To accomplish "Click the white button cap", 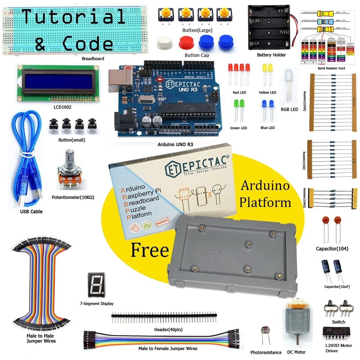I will pos(165,43).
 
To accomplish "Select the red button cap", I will pos(187,43).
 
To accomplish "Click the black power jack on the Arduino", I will pos(123,123).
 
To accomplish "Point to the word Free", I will pos(150,250).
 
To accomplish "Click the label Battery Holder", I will pos(271,55).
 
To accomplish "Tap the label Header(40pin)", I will pos(168,330).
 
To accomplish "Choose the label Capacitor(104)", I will pos(332,249).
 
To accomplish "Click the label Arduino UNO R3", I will pos(175,145).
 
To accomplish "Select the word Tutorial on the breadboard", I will pos(74,16).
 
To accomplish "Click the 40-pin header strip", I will pos(164,316).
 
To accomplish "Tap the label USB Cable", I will pos(31,211).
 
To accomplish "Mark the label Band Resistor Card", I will pos(331,68).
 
